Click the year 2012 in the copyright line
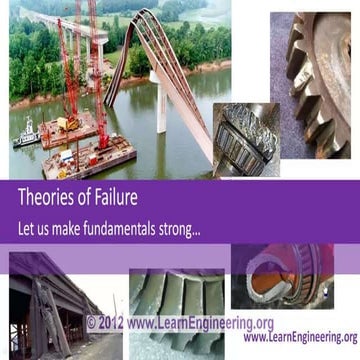pos(110,323)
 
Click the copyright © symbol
pos(90,323)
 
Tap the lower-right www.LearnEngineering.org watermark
pos(299,338)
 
